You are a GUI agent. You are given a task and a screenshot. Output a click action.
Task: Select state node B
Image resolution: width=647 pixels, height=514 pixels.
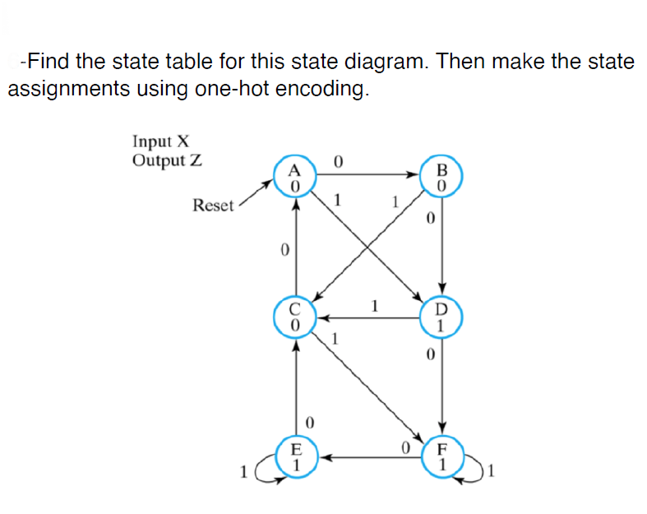click(x=442, y=178)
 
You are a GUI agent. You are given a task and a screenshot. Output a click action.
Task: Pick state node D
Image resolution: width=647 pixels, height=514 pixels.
click(x=442, y=317)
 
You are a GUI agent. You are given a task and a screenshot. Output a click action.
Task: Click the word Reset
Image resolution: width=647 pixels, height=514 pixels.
click(x=213, y=205)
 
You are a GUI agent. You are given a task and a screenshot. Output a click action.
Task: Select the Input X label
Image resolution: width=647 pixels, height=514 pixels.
click(x=161, y=143)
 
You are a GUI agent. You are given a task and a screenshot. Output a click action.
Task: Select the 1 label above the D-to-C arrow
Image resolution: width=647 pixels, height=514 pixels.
click(x=374, y=306)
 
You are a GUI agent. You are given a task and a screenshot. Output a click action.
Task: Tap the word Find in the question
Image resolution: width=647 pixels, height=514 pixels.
click(x=50, y=62)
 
